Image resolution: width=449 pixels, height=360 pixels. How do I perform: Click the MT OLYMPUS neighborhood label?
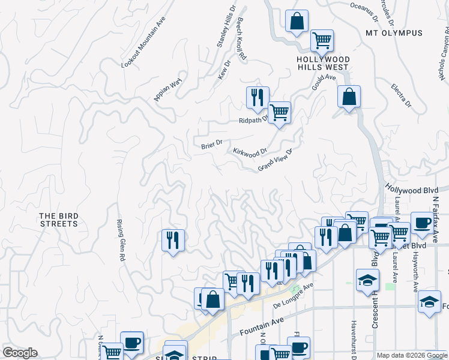(394, 33)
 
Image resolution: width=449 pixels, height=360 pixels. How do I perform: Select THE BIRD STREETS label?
(59, 220)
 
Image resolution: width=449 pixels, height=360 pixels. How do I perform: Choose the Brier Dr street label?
(212, 144)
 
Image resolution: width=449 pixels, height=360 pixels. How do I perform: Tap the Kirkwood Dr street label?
(250, 153)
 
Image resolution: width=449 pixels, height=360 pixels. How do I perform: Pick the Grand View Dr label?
(274, 160)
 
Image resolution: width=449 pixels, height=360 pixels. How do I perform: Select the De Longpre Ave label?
(294, 295)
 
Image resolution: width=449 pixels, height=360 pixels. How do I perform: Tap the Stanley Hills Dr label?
(226, 27)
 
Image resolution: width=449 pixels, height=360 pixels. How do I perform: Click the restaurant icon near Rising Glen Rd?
(173, 240)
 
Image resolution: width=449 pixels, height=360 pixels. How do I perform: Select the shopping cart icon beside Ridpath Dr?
(279, 112)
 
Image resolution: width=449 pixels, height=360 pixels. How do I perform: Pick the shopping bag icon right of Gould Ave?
(349, 96)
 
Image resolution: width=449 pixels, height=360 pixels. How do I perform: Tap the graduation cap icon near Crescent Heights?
(367, 280)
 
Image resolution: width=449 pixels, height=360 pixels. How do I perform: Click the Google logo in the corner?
(20, 353)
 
